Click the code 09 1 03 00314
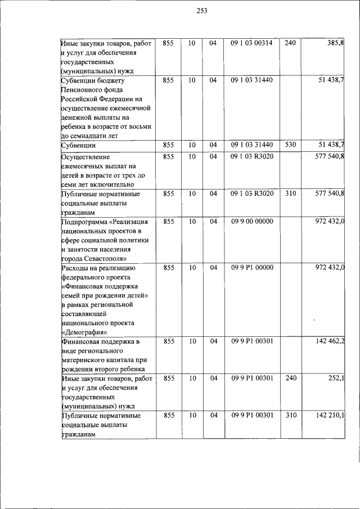[251, 43]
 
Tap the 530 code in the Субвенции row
[290, 145]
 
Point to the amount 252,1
[336, 379]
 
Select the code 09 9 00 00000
[251, 222]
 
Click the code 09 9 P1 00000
[251, 268]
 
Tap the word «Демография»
[84, 332]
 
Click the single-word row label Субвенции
[78, 145]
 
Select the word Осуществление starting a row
[85, 157]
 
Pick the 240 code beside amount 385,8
[290, 43]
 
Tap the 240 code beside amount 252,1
[290, 379]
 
